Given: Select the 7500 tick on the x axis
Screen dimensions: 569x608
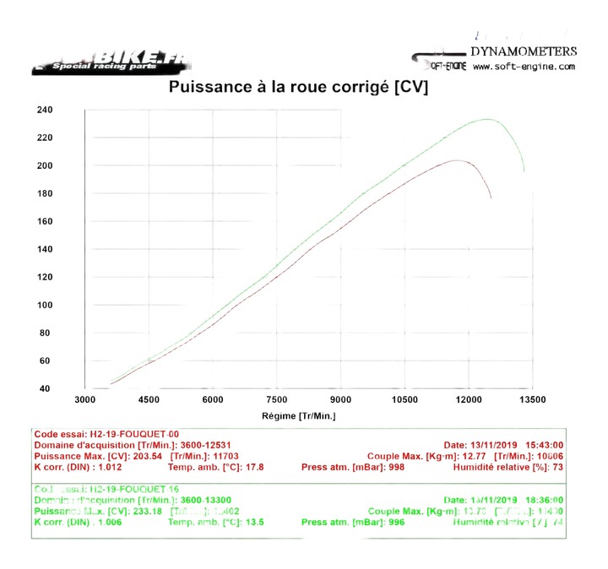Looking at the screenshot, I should click(277, 400).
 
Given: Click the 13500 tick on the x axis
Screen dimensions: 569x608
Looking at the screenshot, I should click(532, 400).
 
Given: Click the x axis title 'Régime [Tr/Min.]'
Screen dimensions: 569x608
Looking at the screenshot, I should click(299, 415).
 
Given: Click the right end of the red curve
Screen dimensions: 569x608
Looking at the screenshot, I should click(491, 198).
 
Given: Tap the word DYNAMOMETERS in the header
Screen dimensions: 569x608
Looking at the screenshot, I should click(524, 51).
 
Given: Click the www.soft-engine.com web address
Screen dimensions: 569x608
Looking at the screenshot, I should click(524, 67).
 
